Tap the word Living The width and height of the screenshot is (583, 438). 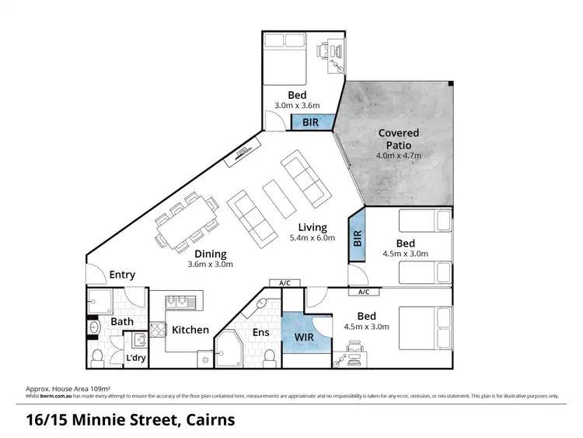click(x=312, y=228)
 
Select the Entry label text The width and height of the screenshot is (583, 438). click(x=122, y=275)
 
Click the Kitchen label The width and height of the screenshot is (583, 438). click(x=190, y=330)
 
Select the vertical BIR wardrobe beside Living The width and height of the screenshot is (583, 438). click(x=358, y=237)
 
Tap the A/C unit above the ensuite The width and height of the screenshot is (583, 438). click(x=279, y=283)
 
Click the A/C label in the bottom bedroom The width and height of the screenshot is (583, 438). click(x=363, y=293)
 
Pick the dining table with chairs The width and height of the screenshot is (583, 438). click(x=187, y=222)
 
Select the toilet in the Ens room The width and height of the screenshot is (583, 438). click(x=269, y=356)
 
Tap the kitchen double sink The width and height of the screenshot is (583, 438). click(x=176, y=300)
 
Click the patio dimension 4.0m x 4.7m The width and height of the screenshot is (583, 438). click(x=399, y=156)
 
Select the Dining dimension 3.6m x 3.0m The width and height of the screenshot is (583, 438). click(x=211, y=265)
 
